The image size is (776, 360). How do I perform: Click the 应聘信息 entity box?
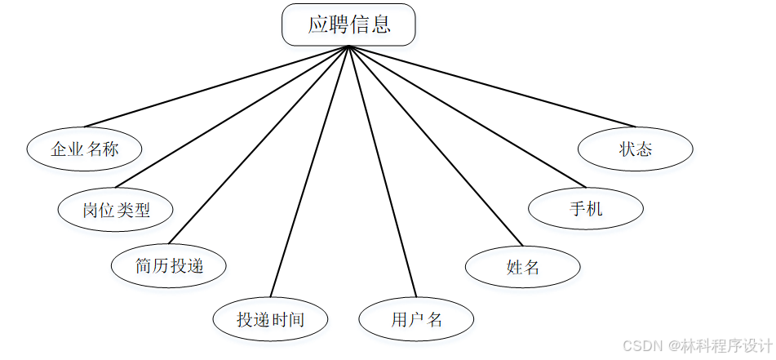click(348, 24)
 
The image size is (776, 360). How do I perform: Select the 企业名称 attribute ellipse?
click(84, 149)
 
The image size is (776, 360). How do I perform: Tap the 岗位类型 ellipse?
click(116, 210)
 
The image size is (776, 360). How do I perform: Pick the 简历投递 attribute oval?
click(168, 264)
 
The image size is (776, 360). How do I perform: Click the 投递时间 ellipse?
click(270, 318)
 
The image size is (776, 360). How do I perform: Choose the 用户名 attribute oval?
click(415, 318)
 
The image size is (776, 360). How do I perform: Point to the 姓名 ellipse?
click(522, 266)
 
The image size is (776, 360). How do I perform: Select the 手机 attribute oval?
click(585, 209)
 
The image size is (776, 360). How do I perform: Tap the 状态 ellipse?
click(635, 149)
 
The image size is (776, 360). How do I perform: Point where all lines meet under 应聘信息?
click(348, 47)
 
